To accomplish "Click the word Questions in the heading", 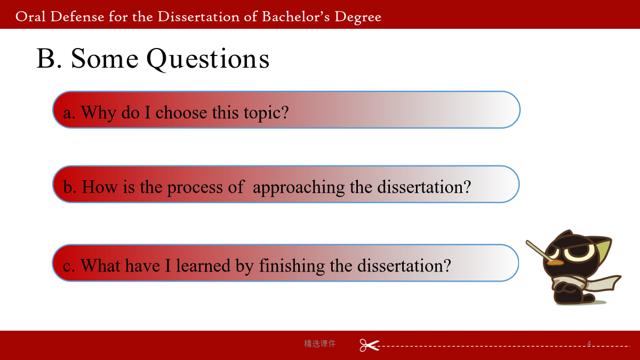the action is [207, 59].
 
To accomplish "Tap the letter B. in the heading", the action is [49, 59].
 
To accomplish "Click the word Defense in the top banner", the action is [77, 17].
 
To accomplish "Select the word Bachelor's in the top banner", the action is [295, 17].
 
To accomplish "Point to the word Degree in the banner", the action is [358, 18].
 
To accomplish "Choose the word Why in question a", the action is [99, 113].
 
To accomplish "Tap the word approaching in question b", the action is [299, 188].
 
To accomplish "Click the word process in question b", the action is [195, 188].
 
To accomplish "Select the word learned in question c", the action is [203, 266].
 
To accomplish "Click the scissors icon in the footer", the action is [369, 345].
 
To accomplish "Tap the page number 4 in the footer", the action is [589, 343].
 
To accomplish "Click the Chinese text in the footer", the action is [319, 343].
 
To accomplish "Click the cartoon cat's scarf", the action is [586, 282].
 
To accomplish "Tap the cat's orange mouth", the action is [555, 262].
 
